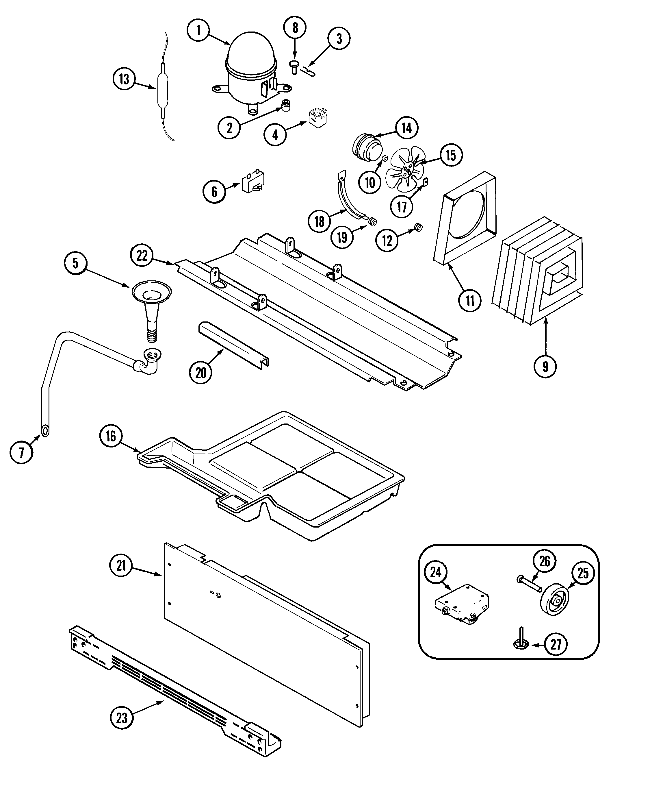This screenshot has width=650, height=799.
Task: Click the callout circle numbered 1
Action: (198, 30)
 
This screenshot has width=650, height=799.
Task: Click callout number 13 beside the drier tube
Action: (124, 79)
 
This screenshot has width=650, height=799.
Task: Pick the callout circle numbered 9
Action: (545, 367)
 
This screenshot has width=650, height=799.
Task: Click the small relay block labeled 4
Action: (318, 118)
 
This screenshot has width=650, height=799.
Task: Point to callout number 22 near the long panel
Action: (142, 256)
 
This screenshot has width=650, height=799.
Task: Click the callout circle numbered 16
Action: (111, 436)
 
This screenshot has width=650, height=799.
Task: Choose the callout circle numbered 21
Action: (121, 565)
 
